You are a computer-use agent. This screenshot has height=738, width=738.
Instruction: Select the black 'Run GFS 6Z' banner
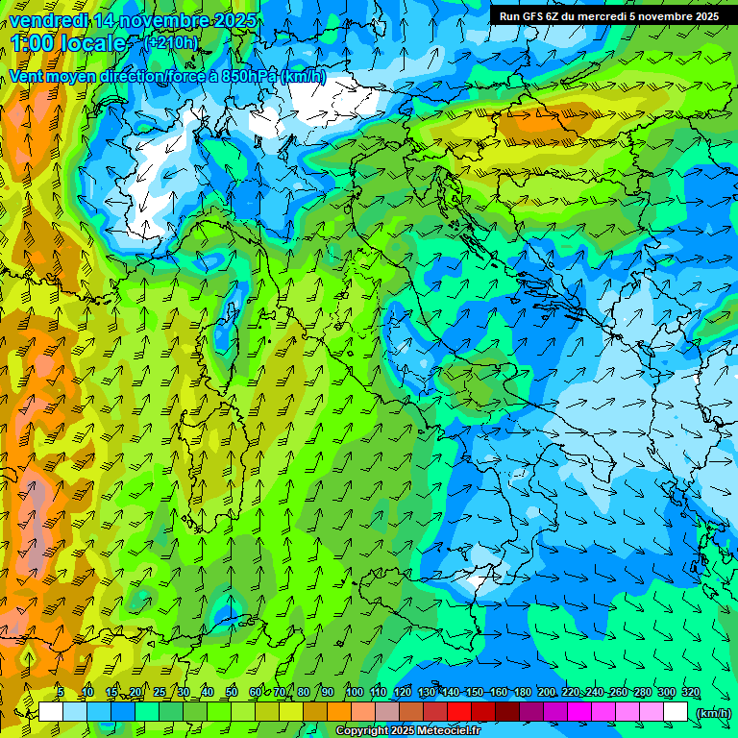click(609, 16)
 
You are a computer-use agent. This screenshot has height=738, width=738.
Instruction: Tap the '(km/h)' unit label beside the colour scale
click(713, 713)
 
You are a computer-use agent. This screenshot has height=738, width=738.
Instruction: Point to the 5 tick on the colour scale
click(61, 692)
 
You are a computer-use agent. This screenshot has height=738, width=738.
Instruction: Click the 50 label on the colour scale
click(232, 692)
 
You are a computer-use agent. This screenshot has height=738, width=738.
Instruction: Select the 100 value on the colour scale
click(354, 692)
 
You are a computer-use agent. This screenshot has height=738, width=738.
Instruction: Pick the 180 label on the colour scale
click(522, 692)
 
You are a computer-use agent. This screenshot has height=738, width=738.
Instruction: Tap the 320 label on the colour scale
click(690, 692)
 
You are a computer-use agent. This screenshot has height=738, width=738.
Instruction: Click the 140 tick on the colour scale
click(450, 692)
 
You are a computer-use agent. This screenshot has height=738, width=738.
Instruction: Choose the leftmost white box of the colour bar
click(50, 712)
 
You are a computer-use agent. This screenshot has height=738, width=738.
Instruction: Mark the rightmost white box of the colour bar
click(676, 712)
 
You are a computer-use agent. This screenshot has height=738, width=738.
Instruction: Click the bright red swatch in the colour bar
click(459, 712)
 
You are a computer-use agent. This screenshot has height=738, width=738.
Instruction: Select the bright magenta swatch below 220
click(579, 712)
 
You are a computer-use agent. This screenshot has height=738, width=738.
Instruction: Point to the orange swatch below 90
click(339, 712)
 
